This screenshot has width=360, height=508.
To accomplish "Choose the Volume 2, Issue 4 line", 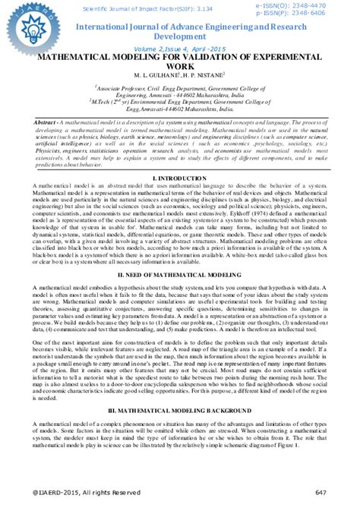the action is pos(180,48).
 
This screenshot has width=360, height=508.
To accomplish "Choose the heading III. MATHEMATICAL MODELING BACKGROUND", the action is pos(180,409).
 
